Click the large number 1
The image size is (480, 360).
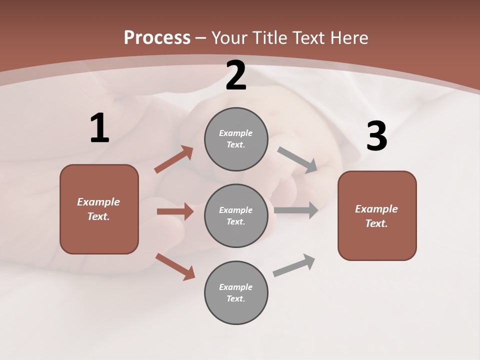pyautogui.click(x=100, y=127)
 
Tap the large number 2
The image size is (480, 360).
pyautogui.click(x=236, y=75)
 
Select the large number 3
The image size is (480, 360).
pyautogui.click(x=377, y=135)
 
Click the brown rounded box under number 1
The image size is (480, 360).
pyautogui.click(x=99, y=209)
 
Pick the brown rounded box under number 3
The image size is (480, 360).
pyautogui.click(x=377, y=216)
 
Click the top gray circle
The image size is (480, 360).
pyautogui.click(x=236, y=139)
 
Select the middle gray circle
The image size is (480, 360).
pyautogui.click(x=236, y=216)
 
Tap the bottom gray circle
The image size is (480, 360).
pyautogui.click(x=236, y=292)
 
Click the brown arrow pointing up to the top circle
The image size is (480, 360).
pyautogui.click(x=173, y=159)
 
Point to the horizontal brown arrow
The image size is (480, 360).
pyautogui.click(x=175, y=211)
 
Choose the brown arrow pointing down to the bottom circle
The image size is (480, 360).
pyautogui.click(x=175, y=267)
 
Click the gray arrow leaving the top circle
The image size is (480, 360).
pyautogui.click(x=297, y=160)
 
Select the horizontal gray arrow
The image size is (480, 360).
pyautogui.click(x=296, y=210)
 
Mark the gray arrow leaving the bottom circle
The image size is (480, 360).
pyautogui.click(x=294, y=265)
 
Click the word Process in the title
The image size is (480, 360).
pyautogui.click(x=157, y=38)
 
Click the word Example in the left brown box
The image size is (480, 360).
pyautogui.click(x=98, y=202)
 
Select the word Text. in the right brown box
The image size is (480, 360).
pyautogui.click(x=376, y=223)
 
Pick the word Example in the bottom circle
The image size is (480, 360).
pyautogui.click(x=235, y=287)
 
